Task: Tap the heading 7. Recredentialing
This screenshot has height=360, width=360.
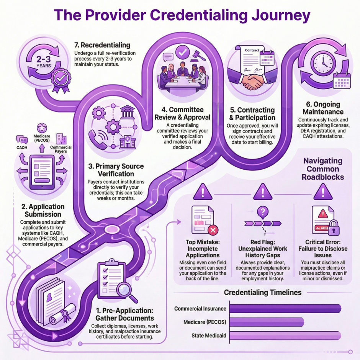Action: [x=102, y=45]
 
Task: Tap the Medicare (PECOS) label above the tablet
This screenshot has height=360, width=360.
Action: [x=42, y=139]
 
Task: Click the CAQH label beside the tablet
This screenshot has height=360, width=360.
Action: [x=21, y=147]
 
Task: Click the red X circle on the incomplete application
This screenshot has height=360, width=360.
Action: [x=213, y=230]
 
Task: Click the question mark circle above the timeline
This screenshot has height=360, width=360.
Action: [x=262, y=210]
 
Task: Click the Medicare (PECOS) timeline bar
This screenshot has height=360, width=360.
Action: [x=266, y=322]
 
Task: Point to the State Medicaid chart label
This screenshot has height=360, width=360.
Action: [x=209, y=336]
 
